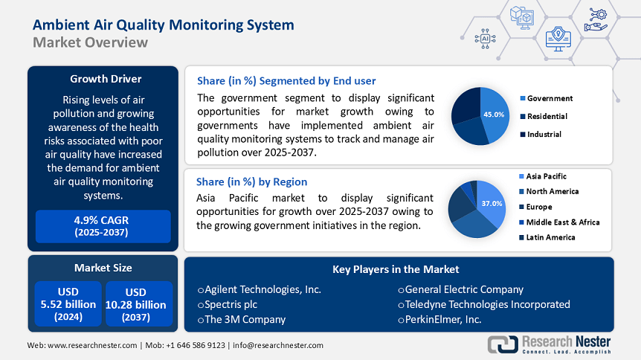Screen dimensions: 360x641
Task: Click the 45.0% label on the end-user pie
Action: pyautogui.click(x=494, y=115)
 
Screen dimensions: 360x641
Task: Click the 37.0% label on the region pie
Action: pyautogui.click(x=492, y=203)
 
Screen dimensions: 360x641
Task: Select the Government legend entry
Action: pyautogui.click(x=550, y=98)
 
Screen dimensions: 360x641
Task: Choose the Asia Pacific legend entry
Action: pyautogui.click(x=546, y=176)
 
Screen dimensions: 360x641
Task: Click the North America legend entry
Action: pyautogui.click(x=552, y=191)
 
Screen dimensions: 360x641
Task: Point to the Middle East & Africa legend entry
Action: pyautogui.click(x=562, y=222)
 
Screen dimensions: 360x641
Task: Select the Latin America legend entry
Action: pyautogui.click(x=550, y=237)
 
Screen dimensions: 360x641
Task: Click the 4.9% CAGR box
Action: pyautogui.click(x=103, y=226)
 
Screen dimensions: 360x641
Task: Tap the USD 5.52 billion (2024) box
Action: pyautogui.click(x=68, y=303)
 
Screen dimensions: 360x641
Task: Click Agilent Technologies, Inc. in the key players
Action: pyautogui.click(x=260, y=289)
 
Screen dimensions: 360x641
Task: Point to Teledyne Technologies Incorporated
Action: pyautogui.click(x=483, y=304)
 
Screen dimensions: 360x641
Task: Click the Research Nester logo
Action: pyautogui.click(x=550, y=344)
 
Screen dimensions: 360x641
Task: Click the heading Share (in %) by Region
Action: pyautogui.click(x=251, y=181)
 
